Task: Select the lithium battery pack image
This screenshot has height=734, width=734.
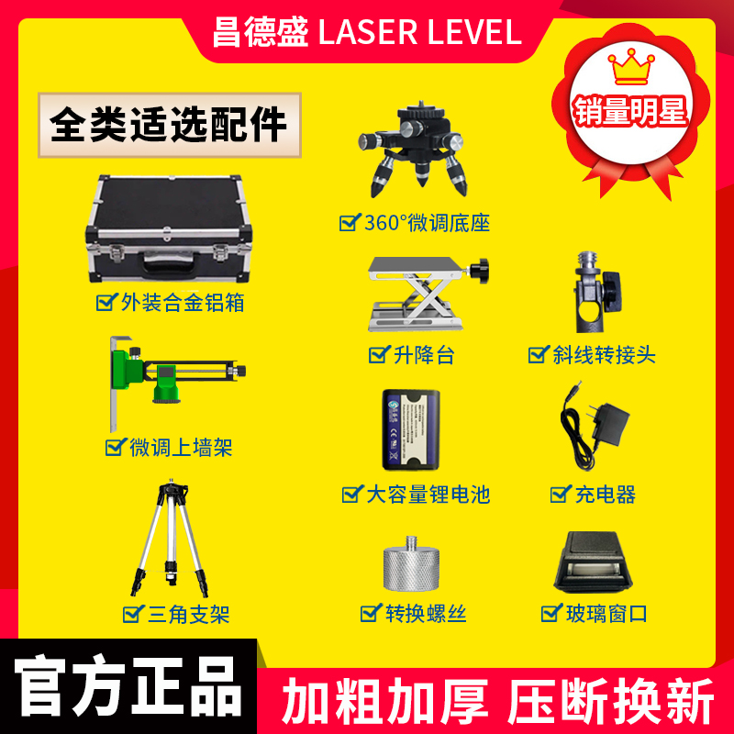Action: (x=412, y=430)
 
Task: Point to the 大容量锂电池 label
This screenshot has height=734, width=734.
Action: (x=426, y=495)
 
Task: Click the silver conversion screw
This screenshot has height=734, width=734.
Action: (x=413, y=563)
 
